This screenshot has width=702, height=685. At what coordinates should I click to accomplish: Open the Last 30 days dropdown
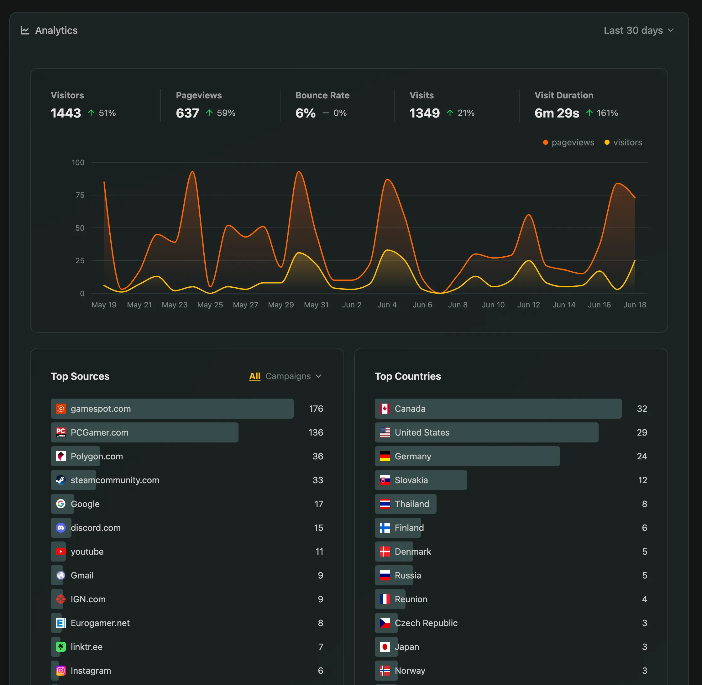coord(638,31)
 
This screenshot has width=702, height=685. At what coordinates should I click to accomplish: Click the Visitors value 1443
coord(66,113)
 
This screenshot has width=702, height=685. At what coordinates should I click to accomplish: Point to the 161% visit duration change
coord(607,113)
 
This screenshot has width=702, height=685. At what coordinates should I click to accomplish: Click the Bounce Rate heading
coord(322,95)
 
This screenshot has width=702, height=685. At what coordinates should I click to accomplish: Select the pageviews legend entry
coord(568,143)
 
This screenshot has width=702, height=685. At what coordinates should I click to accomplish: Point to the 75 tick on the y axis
coord(80,195)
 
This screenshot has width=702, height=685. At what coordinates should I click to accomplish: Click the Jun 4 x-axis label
coord(387,305)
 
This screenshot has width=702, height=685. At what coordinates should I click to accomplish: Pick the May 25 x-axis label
coord(210,305)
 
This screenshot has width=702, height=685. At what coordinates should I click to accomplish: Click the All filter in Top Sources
coord(254,376)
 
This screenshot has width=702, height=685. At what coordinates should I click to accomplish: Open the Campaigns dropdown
coord(293,376)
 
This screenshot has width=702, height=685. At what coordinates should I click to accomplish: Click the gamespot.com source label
coord(100,409)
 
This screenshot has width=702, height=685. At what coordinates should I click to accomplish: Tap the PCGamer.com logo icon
coord(61,432)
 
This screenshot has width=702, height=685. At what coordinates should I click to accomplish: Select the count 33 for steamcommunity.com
coord(317,480)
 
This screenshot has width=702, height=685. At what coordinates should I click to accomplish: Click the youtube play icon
coord(61,552)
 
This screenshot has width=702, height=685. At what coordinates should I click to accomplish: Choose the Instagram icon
coord(61,671)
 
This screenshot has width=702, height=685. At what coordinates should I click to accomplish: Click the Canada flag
coord(385,409)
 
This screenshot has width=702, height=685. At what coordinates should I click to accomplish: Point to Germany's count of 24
coord(642,456)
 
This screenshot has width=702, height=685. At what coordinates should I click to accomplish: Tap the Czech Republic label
coord(426,623)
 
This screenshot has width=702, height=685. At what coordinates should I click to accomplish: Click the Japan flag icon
coord(385,647)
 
